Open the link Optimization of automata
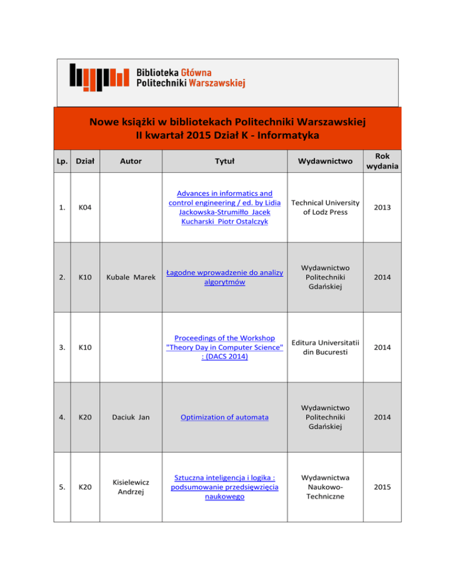(224, 417)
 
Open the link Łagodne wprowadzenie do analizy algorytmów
(224, 277)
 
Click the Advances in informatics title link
(224, 207)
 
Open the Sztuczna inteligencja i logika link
(224, 486)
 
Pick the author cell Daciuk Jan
(130, 417)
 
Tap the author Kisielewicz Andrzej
(130, 486)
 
